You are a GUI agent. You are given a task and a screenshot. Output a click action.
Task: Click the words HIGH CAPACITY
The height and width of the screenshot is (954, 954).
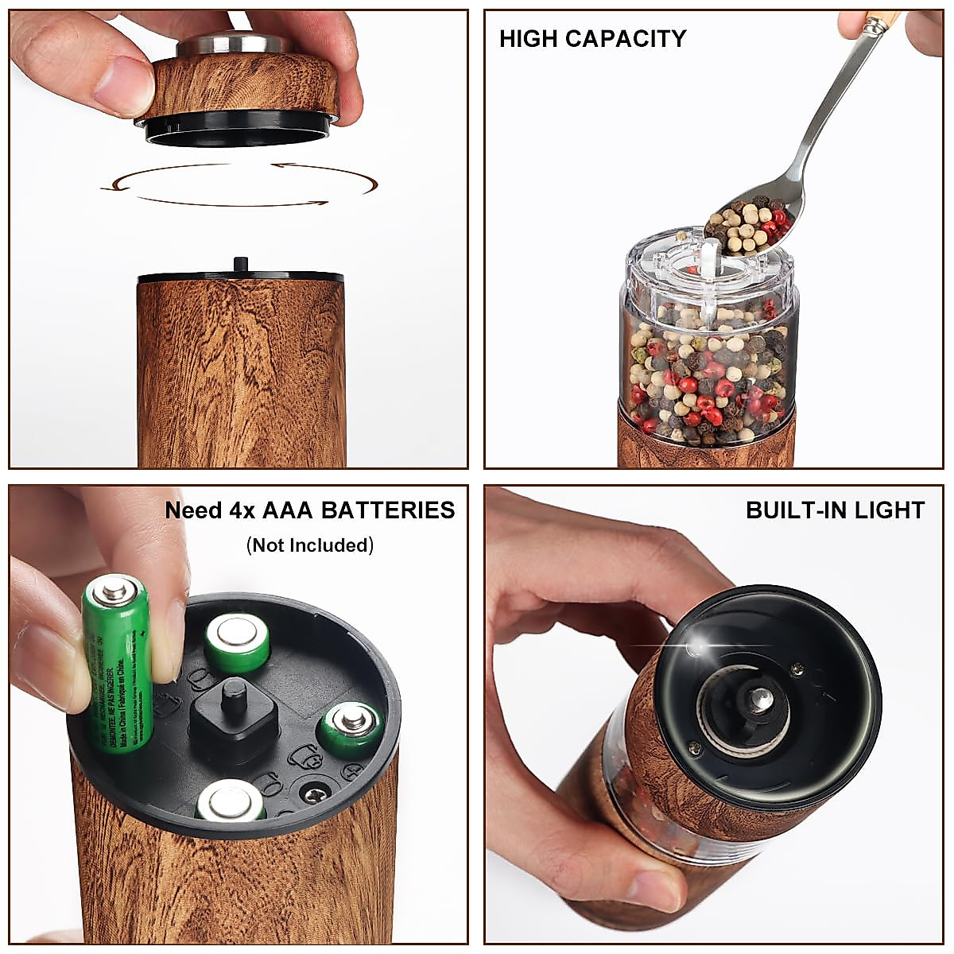tap(592, 38)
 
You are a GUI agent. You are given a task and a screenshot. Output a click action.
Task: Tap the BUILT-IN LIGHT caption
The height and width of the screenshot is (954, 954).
tap(835, 510)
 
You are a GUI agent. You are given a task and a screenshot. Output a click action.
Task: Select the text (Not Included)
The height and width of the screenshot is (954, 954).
tap(309, 545)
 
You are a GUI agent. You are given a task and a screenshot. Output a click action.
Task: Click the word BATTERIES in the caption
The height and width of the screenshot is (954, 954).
tap(387, 510)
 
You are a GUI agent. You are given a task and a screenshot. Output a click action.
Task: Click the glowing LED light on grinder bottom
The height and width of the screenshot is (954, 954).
tap(699, 648)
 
